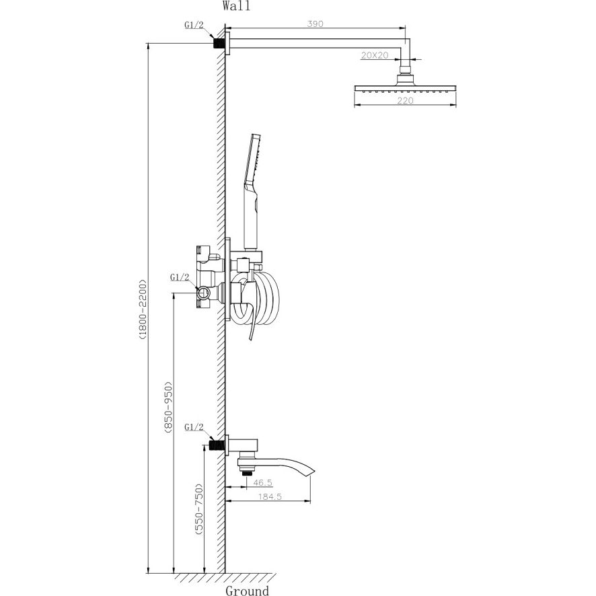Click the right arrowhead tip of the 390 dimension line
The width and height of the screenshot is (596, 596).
(405, 28)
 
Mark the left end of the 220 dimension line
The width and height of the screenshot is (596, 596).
(355, 105)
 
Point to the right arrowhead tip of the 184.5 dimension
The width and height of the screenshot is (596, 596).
(310, 502)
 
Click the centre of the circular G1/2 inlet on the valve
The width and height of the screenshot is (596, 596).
(202, 293)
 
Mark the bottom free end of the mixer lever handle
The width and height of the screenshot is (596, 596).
(250, 339)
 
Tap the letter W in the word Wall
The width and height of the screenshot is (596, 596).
(227, 7)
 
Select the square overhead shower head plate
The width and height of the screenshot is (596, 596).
(405, 88)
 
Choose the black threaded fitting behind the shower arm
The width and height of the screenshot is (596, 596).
(219, 42)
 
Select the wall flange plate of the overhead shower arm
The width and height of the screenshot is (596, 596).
(227, 43)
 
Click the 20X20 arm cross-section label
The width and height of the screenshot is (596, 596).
(375, 55)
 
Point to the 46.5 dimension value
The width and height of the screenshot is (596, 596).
(262, 483)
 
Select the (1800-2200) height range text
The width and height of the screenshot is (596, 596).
(142, 310)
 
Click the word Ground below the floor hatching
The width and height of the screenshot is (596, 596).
(247, 591)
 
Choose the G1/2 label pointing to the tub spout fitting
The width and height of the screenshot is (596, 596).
(194, 427)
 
